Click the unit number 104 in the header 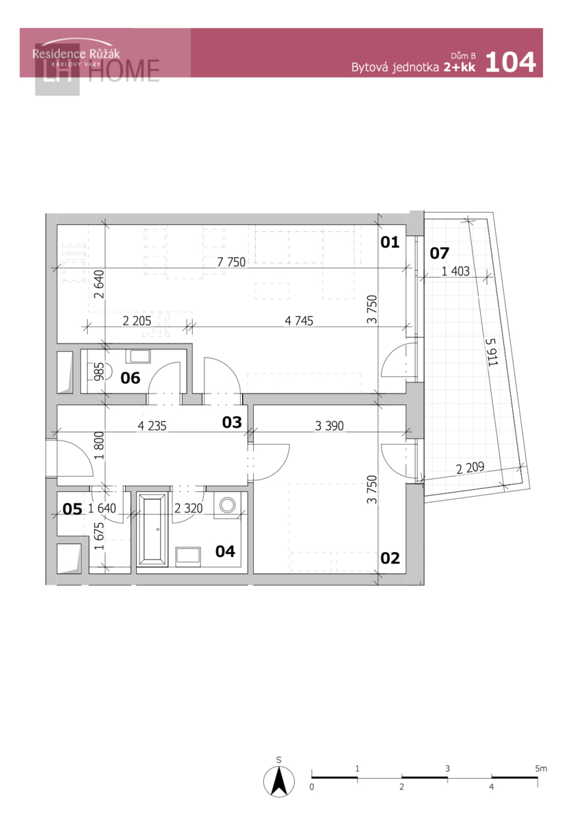[x=510, y=62]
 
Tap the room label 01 [x=389, y=242]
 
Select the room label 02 [x=390, y=558]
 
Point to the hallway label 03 [x=232, y=422]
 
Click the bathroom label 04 [x=225, y=551]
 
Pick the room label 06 [x=131, y=378]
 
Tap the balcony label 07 [x=439, y=253]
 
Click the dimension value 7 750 [x=231, y=262]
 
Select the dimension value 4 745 [x=299, y=321]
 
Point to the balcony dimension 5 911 [x=492, y=352]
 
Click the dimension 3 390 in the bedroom [x=330, y=426]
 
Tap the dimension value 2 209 [x=470, y=468]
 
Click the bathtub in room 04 [x=153, y=529]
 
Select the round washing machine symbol [x=228, y=505]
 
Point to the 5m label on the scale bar [x=541, y=768]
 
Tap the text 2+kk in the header [x=460, y=67]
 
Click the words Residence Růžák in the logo [x=76, y=54]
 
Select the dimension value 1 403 [x=455, y=271]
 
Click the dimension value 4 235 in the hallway [x=152, y=426]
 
